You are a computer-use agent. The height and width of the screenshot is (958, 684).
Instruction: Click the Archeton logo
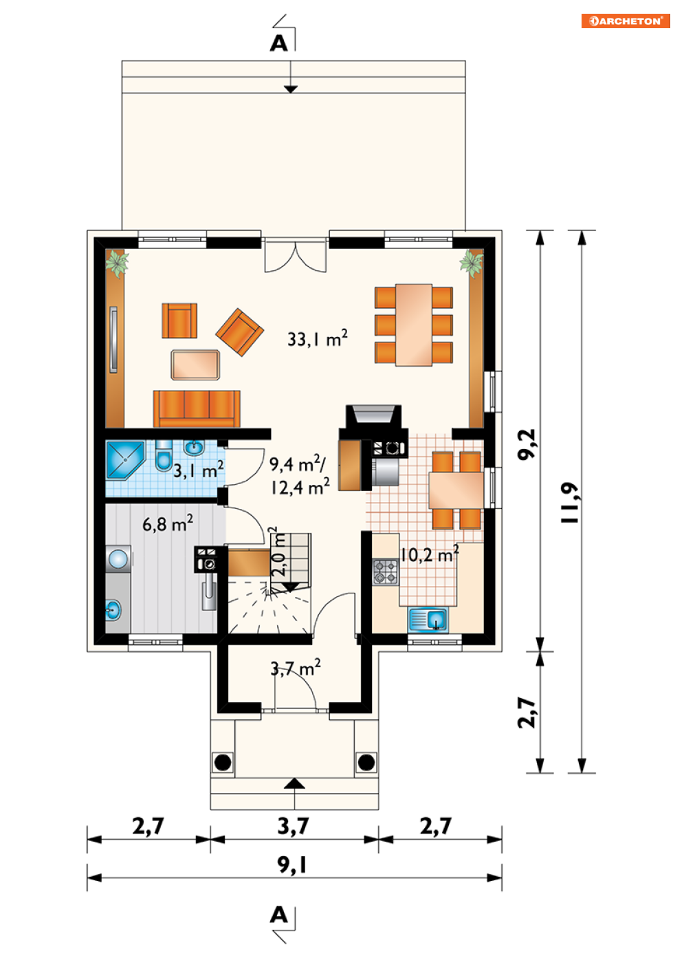(x=625, y=21)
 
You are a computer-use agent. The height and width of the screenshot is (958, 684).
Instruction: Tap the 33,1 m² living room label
(x=317, y=338)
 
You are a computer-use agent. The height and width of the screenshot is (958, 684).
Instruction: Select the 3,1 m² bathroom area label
(x=198, y=470)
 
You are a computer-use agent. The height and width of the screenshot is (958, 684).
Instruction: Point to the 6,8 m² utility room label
(x=168, y=523)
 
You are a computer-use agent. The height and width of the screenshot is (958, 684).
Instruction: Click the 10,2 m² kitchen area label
(x=429, y=554)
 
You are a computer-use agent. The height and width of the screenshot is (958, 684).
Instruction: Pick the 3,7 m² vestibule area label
(x=296, y=668)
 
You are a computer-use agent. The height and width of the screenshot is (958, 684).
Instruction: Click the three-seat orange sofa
(x=197, y=409)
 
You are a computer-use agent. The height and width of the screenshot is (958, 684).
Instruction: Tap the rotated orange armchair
(x=239, y=332)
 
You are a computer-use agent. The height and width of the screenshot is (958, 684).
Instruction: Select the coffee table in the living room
(x=195, y=364)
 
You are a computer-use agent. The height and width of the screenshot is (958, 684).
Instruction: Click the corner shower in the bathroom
(x=125, y=460)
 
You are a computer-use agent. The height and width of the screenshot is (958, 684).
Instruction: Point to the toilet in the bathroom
(x=163, y=456)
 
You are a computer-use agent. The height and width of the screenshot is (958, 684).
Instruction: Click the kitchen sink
(x=428, y=619)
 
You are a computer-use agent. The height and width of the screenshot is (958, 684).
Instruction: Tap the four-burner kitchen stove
(x=385, y=571)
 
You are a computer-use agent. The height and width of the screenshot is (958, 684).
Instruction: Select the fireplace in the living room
(x=373, y=422)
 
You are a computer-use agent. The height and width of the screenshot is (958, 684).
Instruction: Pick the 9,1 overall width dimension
(x=292, y=864)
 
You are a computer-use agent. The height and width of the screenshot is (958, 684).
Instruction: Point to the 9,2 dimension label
(x=527, y=444)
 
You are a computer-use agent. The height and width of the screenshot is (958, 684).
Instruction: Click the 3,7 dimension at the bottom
(x=294, y=825)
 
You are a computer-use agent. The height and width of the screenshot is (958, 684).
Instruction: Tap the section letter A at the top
(x=278, y=43)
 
